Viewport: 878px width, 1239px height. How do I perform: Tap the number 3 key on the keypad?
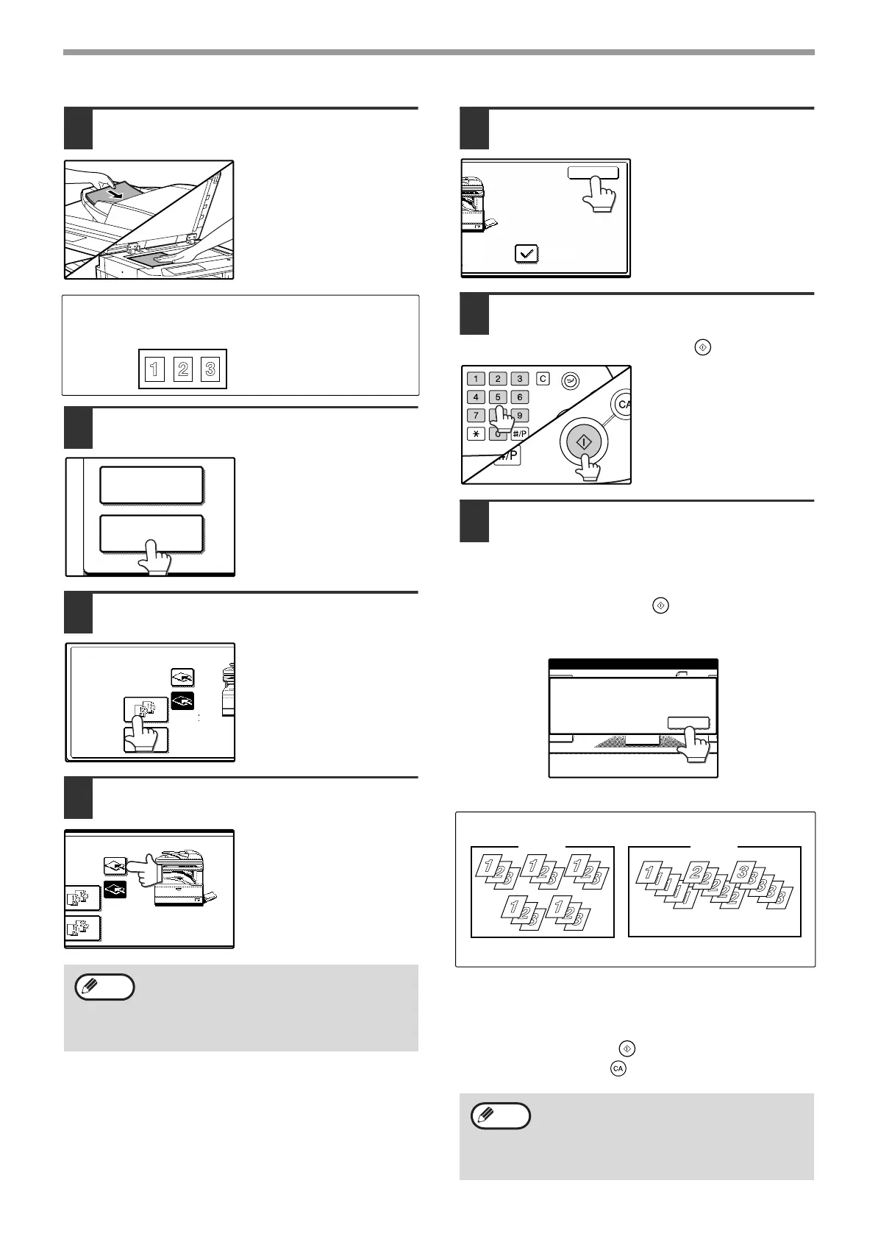[x=519, y=379]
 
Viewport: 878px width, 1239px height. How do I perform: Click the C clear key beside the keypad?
[x=543, y=378]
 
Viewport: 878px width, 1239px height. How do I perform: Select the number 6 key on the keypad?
[x=519, y=397]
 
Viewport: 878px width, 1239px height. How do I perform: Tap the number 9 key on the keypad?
[x=519, y=416]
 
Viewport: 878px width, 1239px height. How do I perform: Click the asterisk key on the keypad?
[x=476, y=434]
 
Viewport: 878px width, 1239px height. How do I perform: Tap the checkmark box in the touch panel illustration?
[x=527, y=254]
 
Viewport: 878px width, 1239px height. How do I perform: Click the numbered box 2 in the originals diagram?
[x=182, y=369]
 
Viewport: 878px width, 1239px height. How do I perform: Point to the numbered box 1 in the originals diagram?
[x=154, y=369]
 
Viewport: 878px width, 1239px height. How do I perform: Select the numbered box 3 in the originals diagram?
[x=210, y=369]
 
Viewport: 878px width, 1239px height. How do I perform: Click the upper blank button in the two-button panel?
[x=151, y=485]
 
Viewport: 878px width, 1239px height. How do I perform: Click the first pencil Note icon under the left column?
[x=104, y=987]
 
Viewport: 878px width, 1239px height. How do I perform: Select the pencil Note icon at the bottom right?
[x=500, y=1116]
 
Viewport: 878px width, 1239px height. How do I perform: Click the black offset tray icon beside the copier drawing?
[x=115, y=890]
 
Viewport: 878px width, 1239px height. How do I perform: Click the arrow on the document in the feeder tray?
[x=113, y=194]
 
